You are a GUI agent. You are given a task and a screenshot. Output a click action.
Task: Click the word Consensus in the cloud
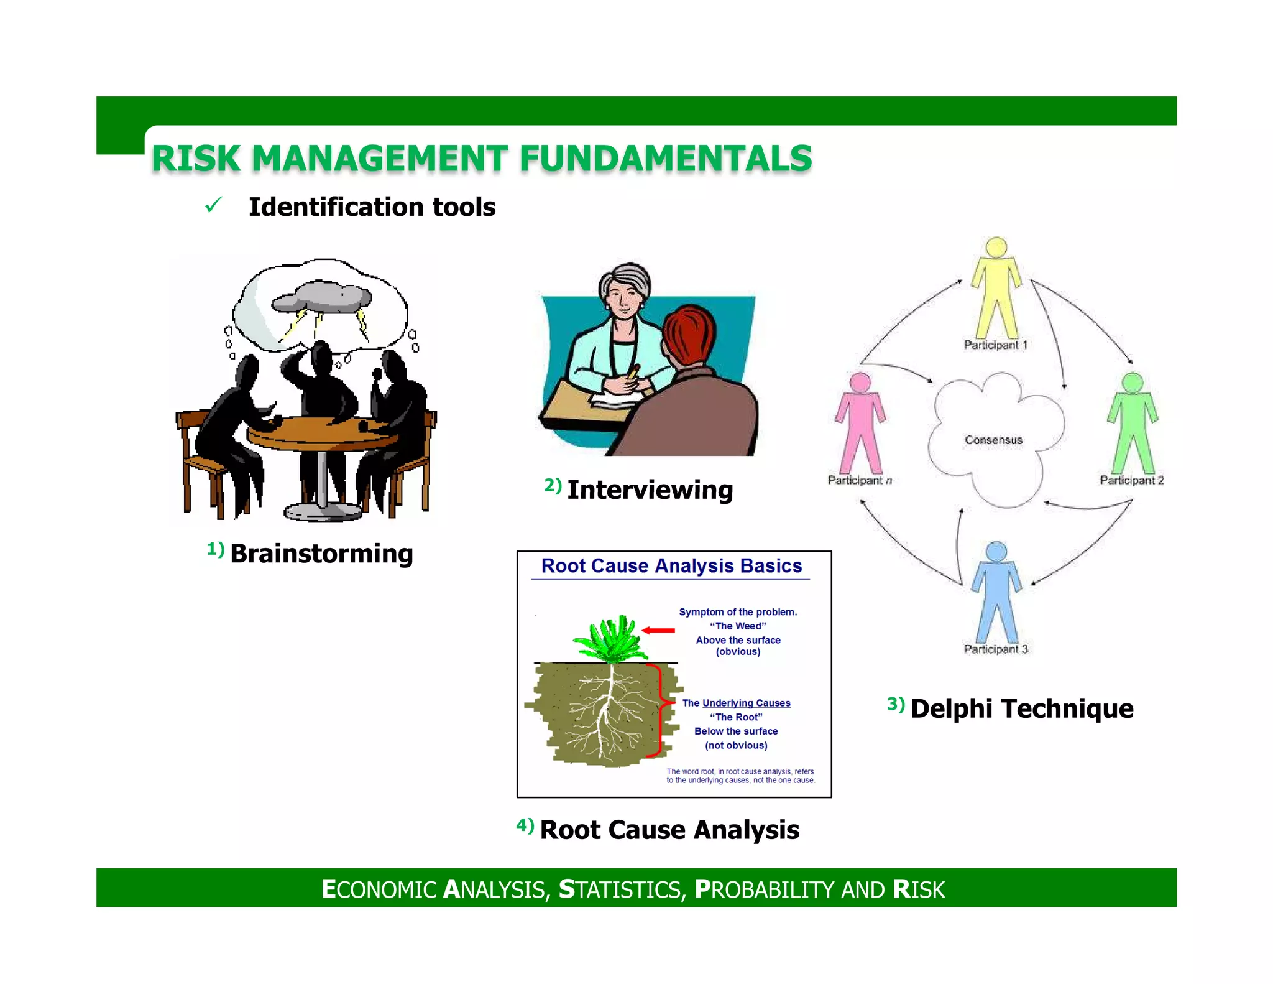coord(993,440)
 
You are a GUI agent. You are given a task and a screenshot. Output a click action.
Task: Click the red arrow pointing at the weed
coord(658,630)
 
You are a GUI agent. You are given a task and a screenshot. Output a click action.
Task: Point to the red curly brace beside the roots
coord(660,710)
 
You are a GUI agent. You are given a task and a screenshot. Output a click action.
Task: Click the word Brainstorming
coord(321,554)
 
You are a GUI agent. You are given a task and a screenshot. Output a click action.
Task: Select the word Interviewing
coord(650,490)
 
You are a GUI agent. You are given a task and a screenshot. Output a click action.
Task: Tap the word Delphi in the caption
coord(951,708)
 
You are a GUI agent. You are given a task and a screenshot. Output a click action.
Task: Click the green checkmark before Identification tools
coord(213,205)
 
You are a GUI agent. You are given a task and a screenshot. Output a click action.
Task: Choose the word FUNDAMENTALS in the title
coord(666,158)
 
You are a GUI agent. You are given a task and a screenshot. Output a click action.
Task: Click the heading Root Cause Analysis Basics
coord(671,565)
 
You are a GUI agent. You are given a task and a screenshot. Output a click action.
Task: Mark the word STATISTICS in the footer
coord(621,889)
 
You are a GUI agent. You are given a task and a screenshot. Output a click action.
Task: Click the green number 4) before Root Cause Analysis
coord(525,825)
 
